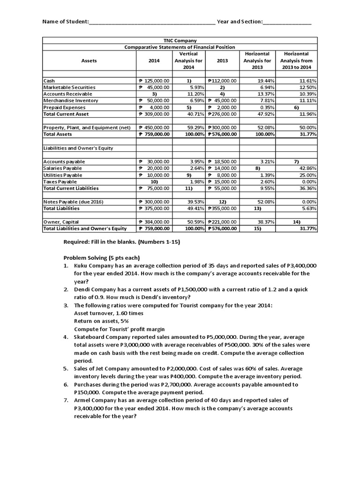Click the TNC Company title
point(180,41)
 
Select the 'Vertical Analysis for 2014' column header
point(188,60)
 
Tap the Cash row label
point(49,81)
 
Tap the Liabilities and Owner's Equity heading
point(79,148)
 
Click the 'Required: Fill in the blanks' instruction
point(121,242)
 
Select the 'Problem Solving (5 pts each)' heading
point(101,258)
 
